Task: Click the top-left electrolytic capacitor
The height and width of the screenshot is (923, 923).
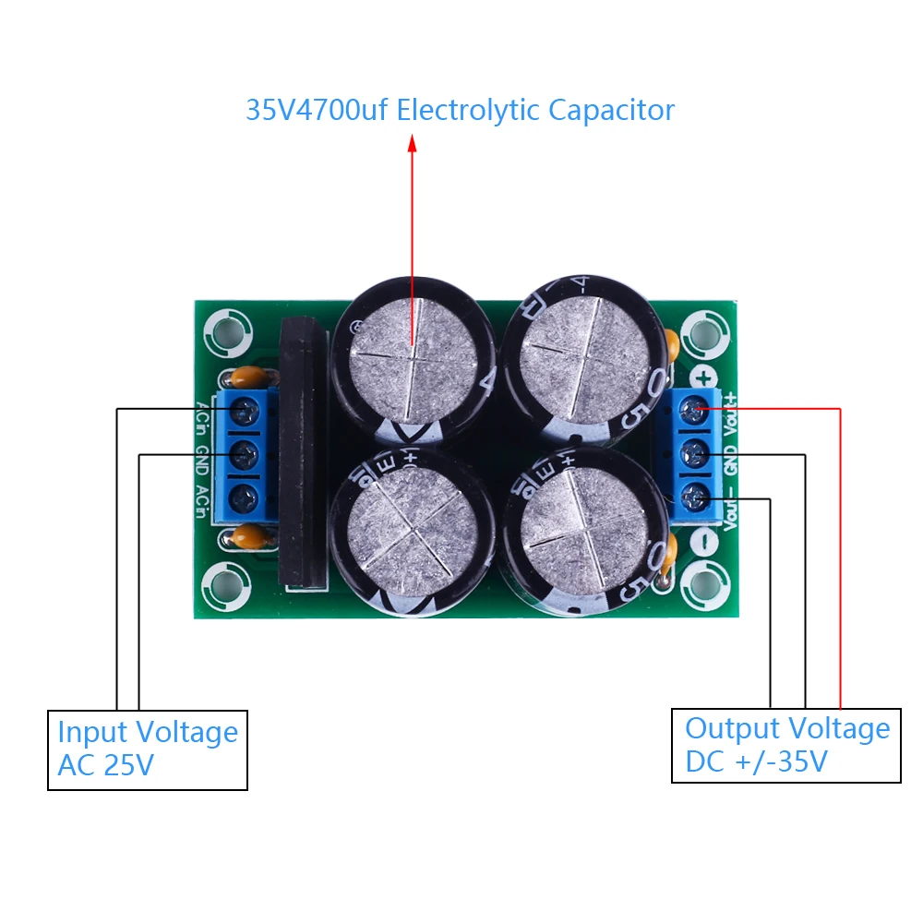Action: pyautogui.click(x=413, y=355)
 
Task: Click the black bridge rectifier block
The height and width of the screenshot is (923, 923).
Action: pyautogui.click(x=303, y=452)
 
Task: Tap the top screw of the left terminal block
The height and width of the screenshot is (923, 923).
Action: pyautogui.click(x=245, y=412)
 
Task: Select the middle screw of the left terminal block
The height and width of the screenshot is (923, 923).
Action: pyautogui.click(x=245, y=452)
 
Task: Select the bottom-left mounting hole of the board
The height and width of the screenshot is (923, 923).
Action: pyautogui.click(x=224, y=583)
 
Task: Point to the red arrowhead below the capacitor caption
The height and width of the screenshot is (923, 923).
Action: pyautogui.click(x=413, y=142)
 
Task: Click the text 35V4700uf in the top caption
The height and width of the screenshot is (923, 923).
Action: pyautogui.click(x=318, y=111)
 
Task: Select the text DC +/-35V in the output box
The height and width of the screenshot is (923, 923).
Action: pyautogui.click(x=756, y=762)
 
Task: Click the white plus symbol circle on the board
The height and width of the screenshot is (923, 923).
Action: pyautogui.click(x=704, y=377)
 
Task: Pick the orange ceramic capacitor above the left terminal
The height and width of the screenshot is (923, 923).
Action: pyautogui.click(x=246, y=377)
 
